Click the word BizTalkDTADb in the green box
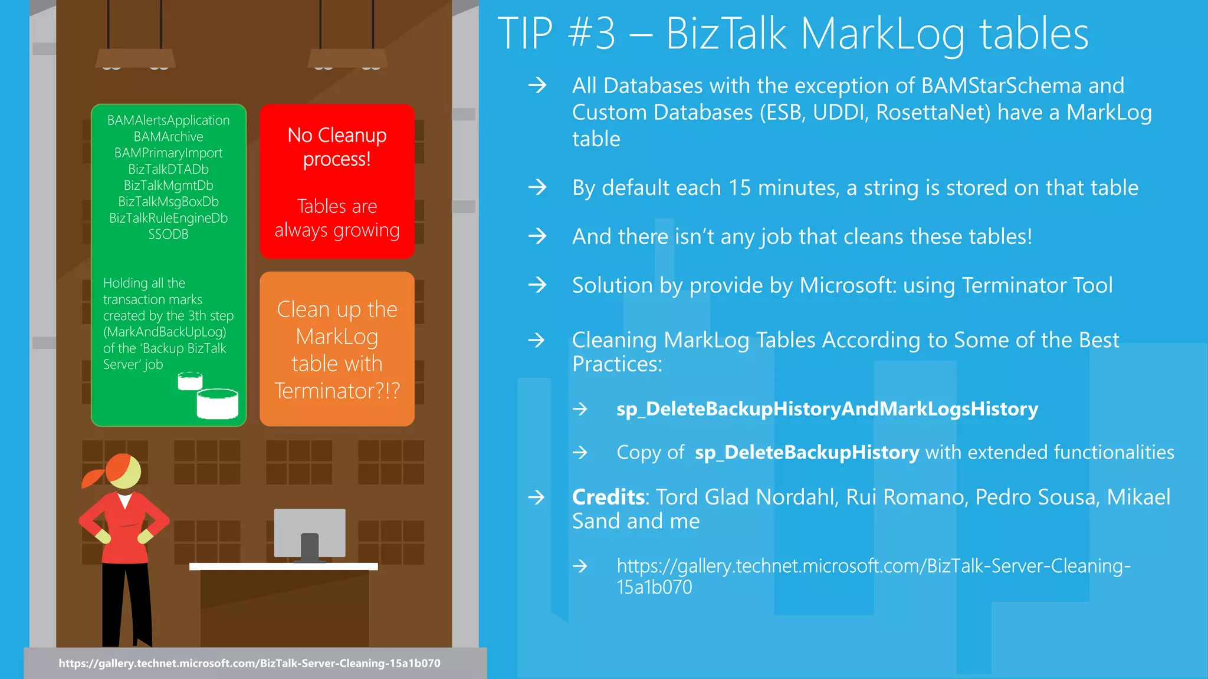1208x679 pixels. pyautogui.click(x=168, y=169)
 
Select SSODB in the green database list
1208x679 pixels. pyautogui.click(x=168, y=235)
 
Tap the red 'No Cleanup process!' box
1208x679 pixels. pyautogui.click(x=337, y=181)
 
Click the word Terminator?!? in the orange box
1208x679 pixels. pyautogui.click(x=337, y=391)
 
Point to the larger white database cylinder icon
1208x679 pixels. pyautogui.click(x=217, y=404)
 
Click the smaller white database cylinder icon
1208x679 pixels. pyautogui.click(x=190, y=381)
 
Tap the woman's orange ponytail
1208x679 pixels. pyautogui.click(x=93, y=476)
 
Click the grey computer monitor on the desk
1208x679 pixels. pyautogui.click(x=310, y=533)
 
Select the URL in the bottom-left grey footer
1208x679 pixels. pyautogui.click(x=249, y=663)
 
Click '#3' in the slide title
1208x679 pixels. pyautogui.click(x=591, y=34)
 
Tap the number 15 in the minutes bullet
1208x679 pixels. pyautogui.click(x=740, y=188)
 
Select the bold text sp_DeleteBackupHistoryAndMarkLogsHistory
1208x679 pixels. pyautogui.click(x=827, y=409)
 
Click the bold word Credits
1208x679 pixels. pyautogui.click(x=608, y=497)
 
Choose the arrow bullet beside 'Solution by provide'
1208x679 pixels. pyautogui.click(x=537, y=285)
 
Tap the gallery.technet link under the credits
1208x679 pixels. pyautogui.click(x=873, y=576)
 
